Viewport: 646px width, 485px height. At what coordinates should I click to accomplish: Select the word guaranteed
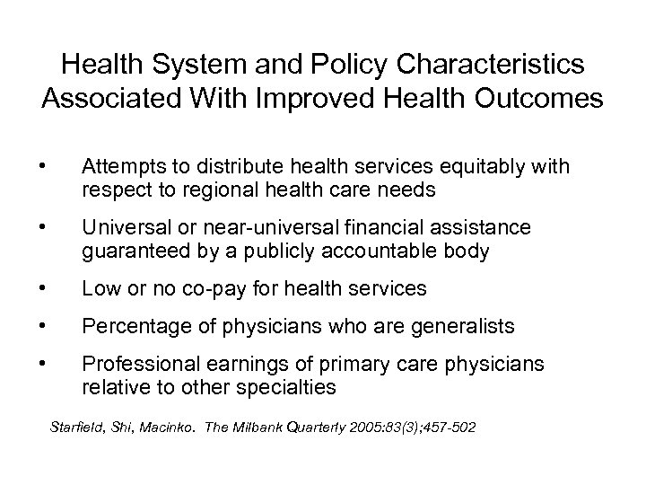pos(124,251)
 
